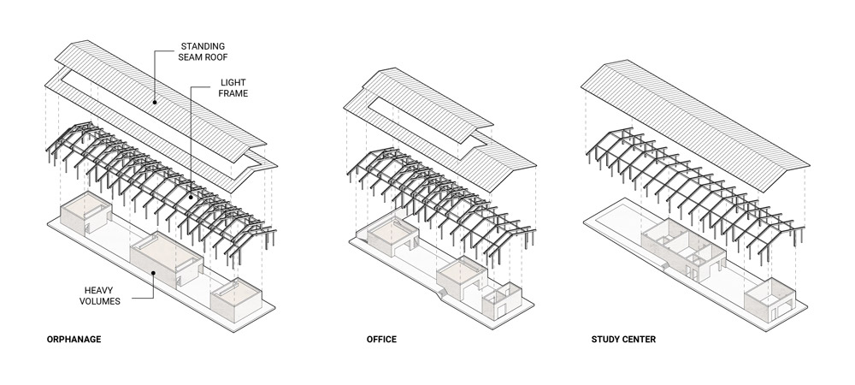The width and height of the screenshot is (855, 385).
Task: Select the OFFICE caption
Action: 380,340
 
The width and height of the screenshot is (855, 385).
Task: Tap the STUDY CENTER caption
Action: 623,340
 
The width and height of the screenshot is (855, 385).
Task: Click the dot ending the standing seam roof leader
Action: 155,102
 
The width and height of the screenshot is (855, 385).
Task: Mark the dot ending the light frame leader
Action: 190,196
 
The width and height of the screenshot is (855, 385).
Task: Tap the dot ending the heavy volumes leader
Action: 153,273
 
